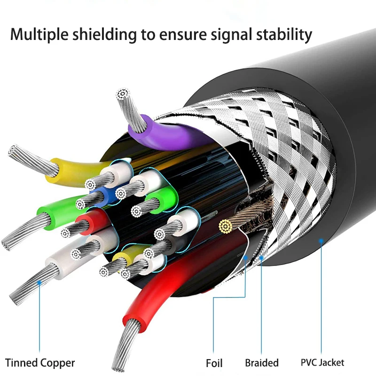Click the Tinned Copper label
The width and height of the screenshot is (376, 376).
40,363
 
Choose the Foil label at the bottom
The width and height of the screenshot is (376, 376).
214,363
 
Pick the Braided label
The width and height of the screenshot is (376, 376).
261,363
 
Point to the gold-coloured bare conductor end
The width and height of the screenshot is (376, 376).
226,227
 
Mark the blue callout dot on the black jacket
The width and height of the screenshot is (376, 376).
321,241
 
